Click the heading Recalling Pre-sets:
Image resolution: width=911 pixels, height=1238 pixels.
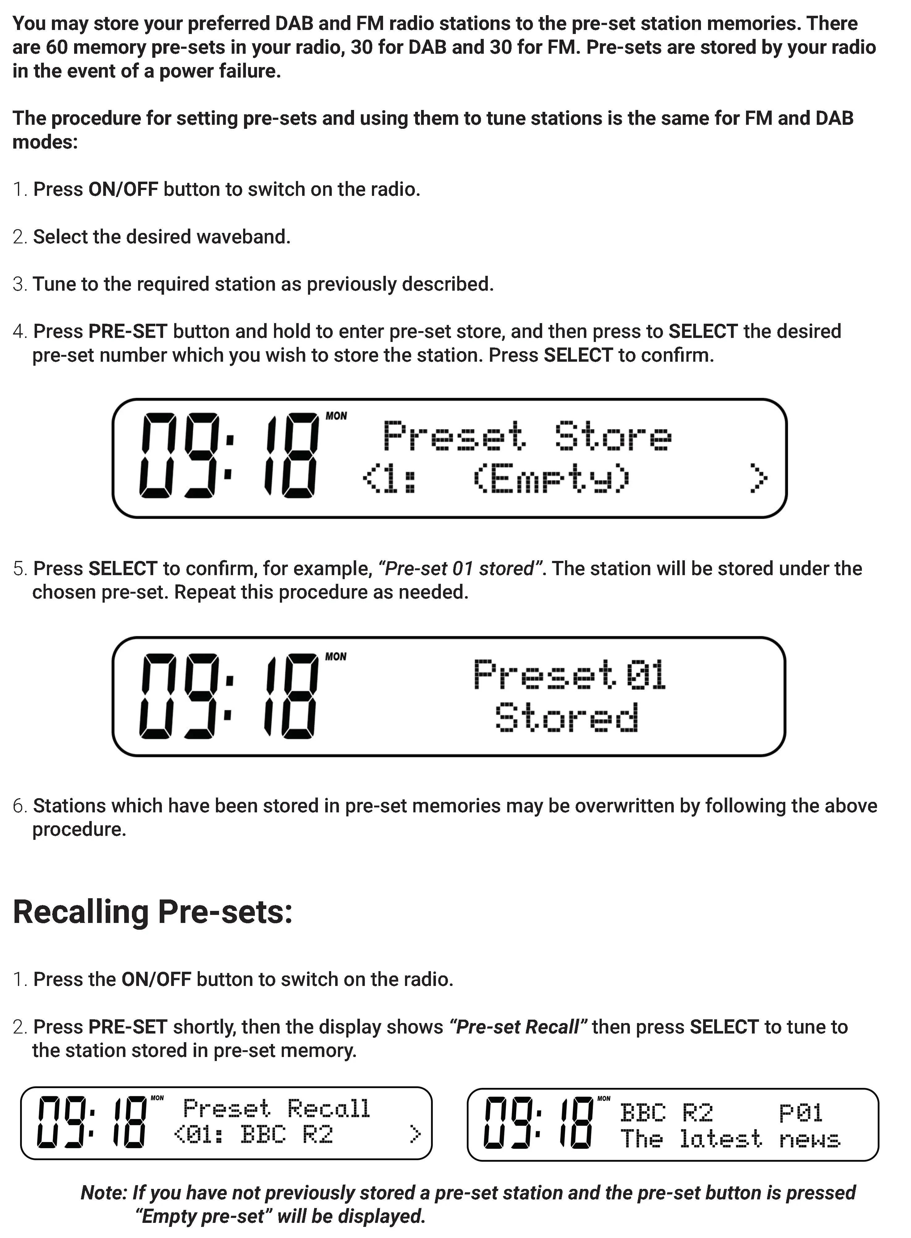pos(152,912)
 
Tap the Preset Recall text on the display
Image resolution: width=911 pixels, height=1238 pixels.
pos(276,1108)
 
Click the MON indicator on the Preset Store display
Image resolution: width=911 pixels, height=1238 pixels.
pos(336,416)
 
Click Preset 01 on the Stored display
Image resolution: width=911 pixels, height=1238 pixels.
pos(570,674)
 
